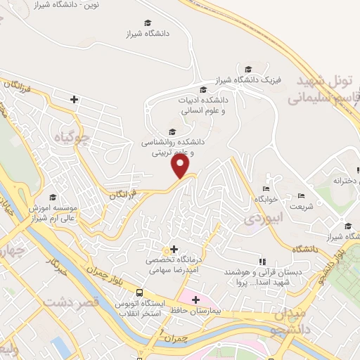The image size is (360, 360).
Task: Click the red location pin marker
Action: coord(182,166)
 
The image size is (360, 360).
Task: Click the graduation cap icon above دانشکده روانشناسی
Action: coord(172,131)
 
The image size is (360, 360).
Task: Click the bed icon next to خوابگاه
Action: coord(265,188)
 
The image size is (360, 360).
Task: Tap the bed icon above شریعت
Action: coord(301,195)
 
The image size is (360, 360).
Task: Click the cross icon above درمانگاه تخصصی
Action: coord(174,249)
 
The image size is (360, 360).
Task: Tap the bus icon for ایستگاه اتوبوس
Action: coord(140,292)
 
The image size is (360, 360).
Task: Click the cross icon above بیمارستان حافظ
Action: coord(195,300)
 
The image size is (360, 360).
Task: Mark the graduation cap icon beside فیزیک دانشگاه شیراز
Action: coord(247,69)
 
